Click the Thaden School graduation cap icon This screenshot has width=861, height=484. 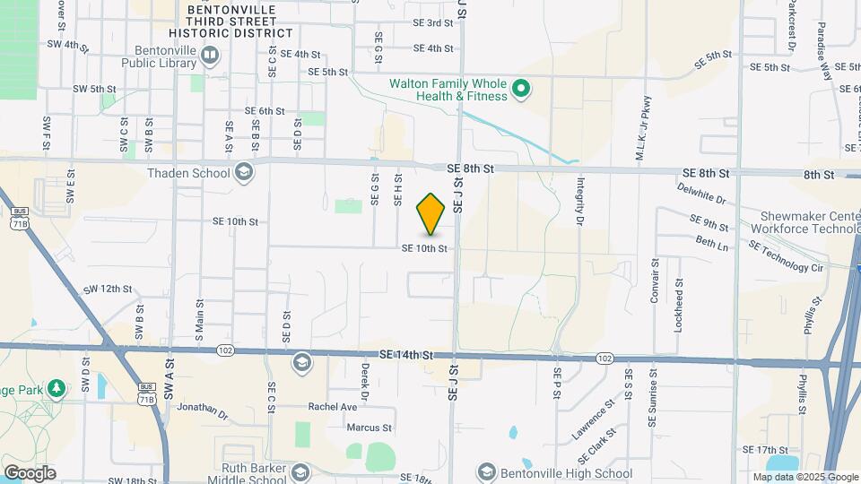pyautogui.click(x=242, y=173)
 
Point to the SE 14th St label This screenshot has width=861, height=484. pyautogui.click(x=406, y=355)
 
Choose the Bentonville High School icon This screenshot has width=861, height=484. pyautogui.click(x=486, y=472)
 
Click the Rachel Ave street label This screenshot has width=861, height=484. pyautogui.click(x=333, y=406)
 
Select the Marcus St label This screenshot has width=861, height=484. pyautogui.click(x=370, y=428)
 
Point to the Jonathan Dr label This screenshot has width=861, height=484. pyautogui.click(x=203, y=410)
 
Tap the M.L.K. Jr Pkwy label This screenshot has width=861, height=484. pyautogui.click(x=640, y=127)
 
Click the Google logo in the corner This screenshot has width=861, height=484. pyautogui.click(x=30, y=472)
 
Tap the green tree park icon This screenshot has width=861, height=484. pyautogui.click(x=57, y=388)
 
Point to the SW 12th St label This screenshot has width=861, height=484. pyautogui.click(x=108, y=290)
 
